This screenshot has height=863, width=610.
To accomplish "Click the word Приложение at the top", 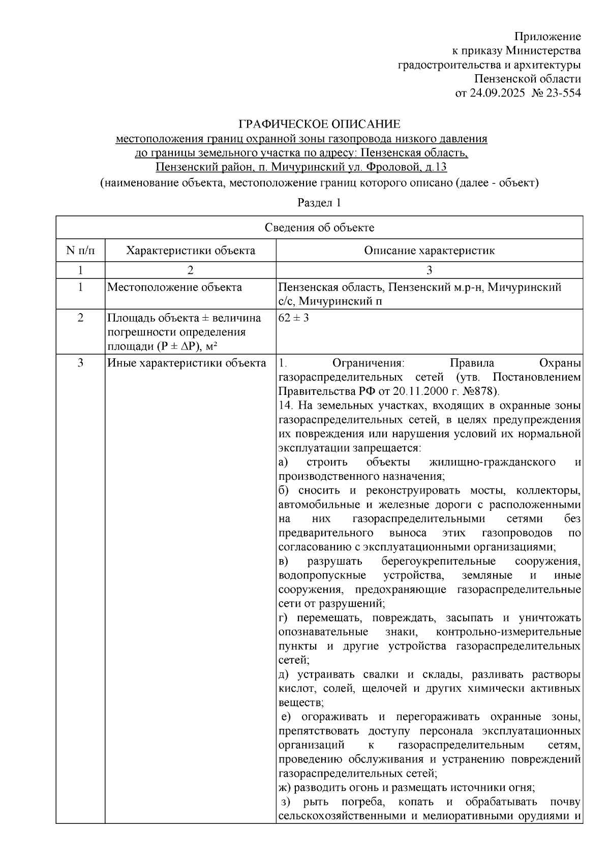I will [547, 37].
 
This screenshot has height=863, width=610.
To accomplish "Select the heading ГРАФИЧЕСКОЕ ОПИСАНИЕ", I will [320, 124].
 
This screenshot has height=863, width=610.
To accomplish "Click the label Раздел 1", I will [319, 202].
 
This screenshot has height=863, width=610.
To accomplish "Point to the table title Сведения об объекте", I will [319, 228].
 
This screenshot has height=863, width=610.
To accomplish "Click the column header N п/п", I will [80, 251].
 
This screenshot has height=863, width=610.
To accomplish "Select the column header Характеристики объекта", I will [191, 251].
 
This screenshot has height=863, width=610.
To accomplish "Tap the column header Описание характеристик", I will [430, 251].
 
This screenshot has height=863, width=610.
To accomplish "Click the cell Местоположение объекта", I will [174, 288].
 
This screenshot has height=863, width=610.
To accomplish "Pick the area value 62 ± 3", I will [294, 318].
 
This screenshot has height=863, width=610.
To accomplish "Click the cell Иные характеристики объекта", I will [187, 363].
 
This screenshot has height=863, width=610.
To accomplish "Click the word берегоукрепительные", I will [438, 561].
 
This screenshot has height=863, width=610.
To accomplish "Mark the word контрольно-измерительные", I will [508, 632].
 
